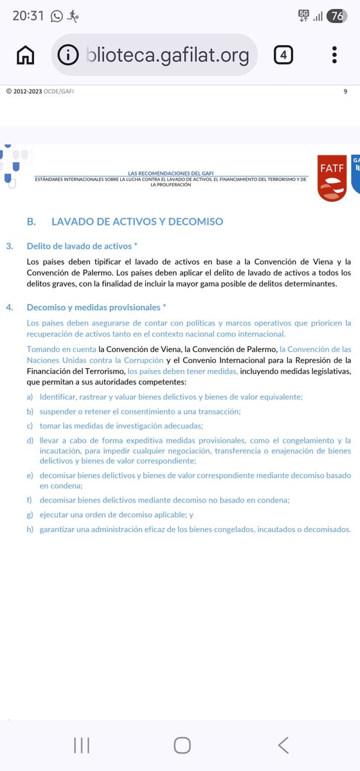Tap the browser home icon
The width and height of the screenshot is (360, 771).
(x=26, y=56)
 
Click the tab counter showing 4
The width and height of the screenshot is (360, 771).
(x=283, y=55)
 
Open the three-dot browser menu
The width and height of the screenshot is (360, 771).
(x=334, y=55)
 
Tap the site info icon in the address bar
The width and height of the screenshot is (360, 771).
(x=68, y=56)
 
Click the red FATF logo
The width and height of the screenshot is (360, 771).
(x=331, y=178)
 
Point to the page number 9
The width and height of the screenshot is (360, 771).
(x=345, y=91)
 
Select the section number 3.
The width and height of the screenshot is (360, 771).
(x=9, y=246)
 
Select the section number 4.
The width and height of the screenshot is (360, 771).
(x=9, y=307)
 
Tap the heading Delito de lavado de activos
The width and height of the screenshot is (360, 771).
(x=82, y=246)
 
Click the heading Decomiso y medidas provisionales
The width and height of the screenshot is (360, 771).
(x=96, y=307)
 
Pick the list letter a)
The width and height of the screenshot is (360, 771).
(x=30, y=397)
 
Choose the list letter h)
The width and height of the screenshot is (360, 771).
(x=30, y=529)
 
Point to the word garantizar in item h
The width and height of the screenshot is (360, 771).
(x=61, y=529)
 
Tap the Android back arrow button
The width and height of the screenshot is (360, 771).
(x=283, y=745)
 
